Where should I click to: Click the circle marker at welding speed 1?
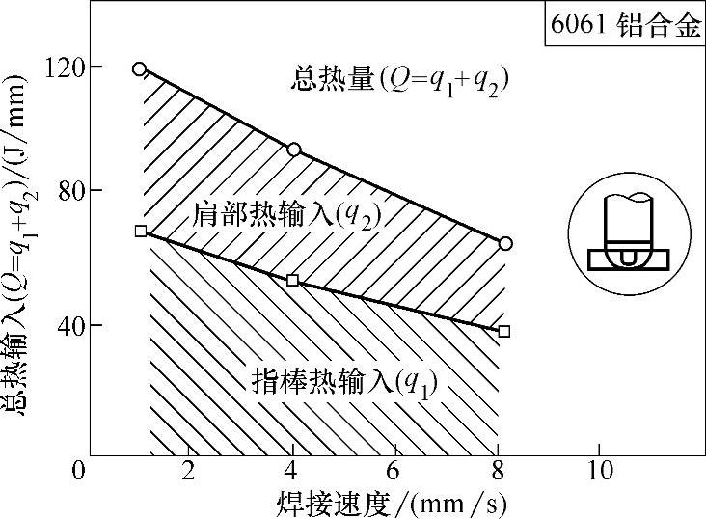140,68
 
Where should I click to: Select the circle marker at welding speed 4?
294,150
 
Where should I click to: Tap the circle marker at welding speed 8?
505,243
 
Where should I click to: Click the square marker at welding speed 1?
141,231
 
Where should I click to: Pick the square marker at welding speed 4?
293,280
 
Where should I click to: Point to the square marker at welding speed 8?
504,331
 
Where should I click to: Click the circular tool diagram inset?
628,239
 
